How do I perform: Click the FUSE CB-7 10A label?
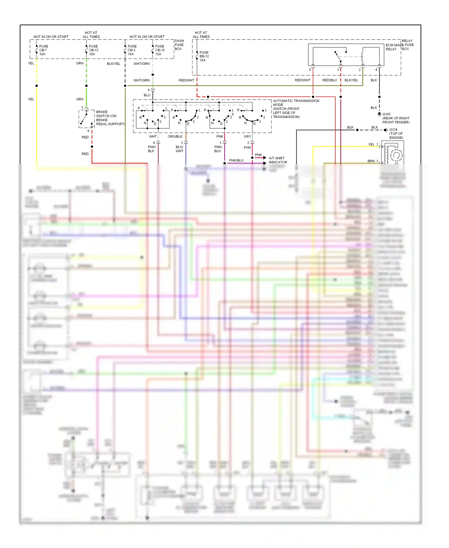click(x=43, y=50)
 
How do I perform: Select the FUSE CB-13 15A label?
click(x=93, y=50)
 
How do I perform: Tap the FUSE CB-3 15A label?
click(x=132, y=50)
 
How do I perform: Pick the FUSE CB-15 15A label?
click(x=160, y=50)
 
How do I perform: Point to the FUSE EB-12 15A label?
click(x=204, y=56)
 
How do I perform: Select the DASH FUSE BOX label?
click(x=179, y=45)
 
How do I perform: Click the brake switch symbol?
click(x=86, y=119)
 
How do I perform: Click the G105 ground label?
click(x=395, y=118)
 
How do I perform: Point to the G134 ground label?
click(x=396, y=133)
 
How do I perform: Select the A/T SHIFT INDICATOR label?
click(x=277, y=160)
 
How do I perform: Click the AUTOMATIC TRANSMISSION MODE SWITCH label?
click(x=295, y=109)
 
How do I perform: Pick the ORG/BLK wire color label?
click(x=175, y=136)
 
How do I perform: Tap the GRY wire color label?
click(x=247, y=136)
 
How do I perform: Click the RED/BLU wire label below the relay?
click(x=329, y=80)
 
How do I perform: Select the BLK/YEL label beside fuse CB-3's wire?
click(x=113, y=64)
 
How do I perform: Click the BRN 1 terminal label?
click(x=373, y=161)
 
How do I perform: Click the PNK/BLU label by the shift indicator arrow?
click(x=236, y=160)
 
